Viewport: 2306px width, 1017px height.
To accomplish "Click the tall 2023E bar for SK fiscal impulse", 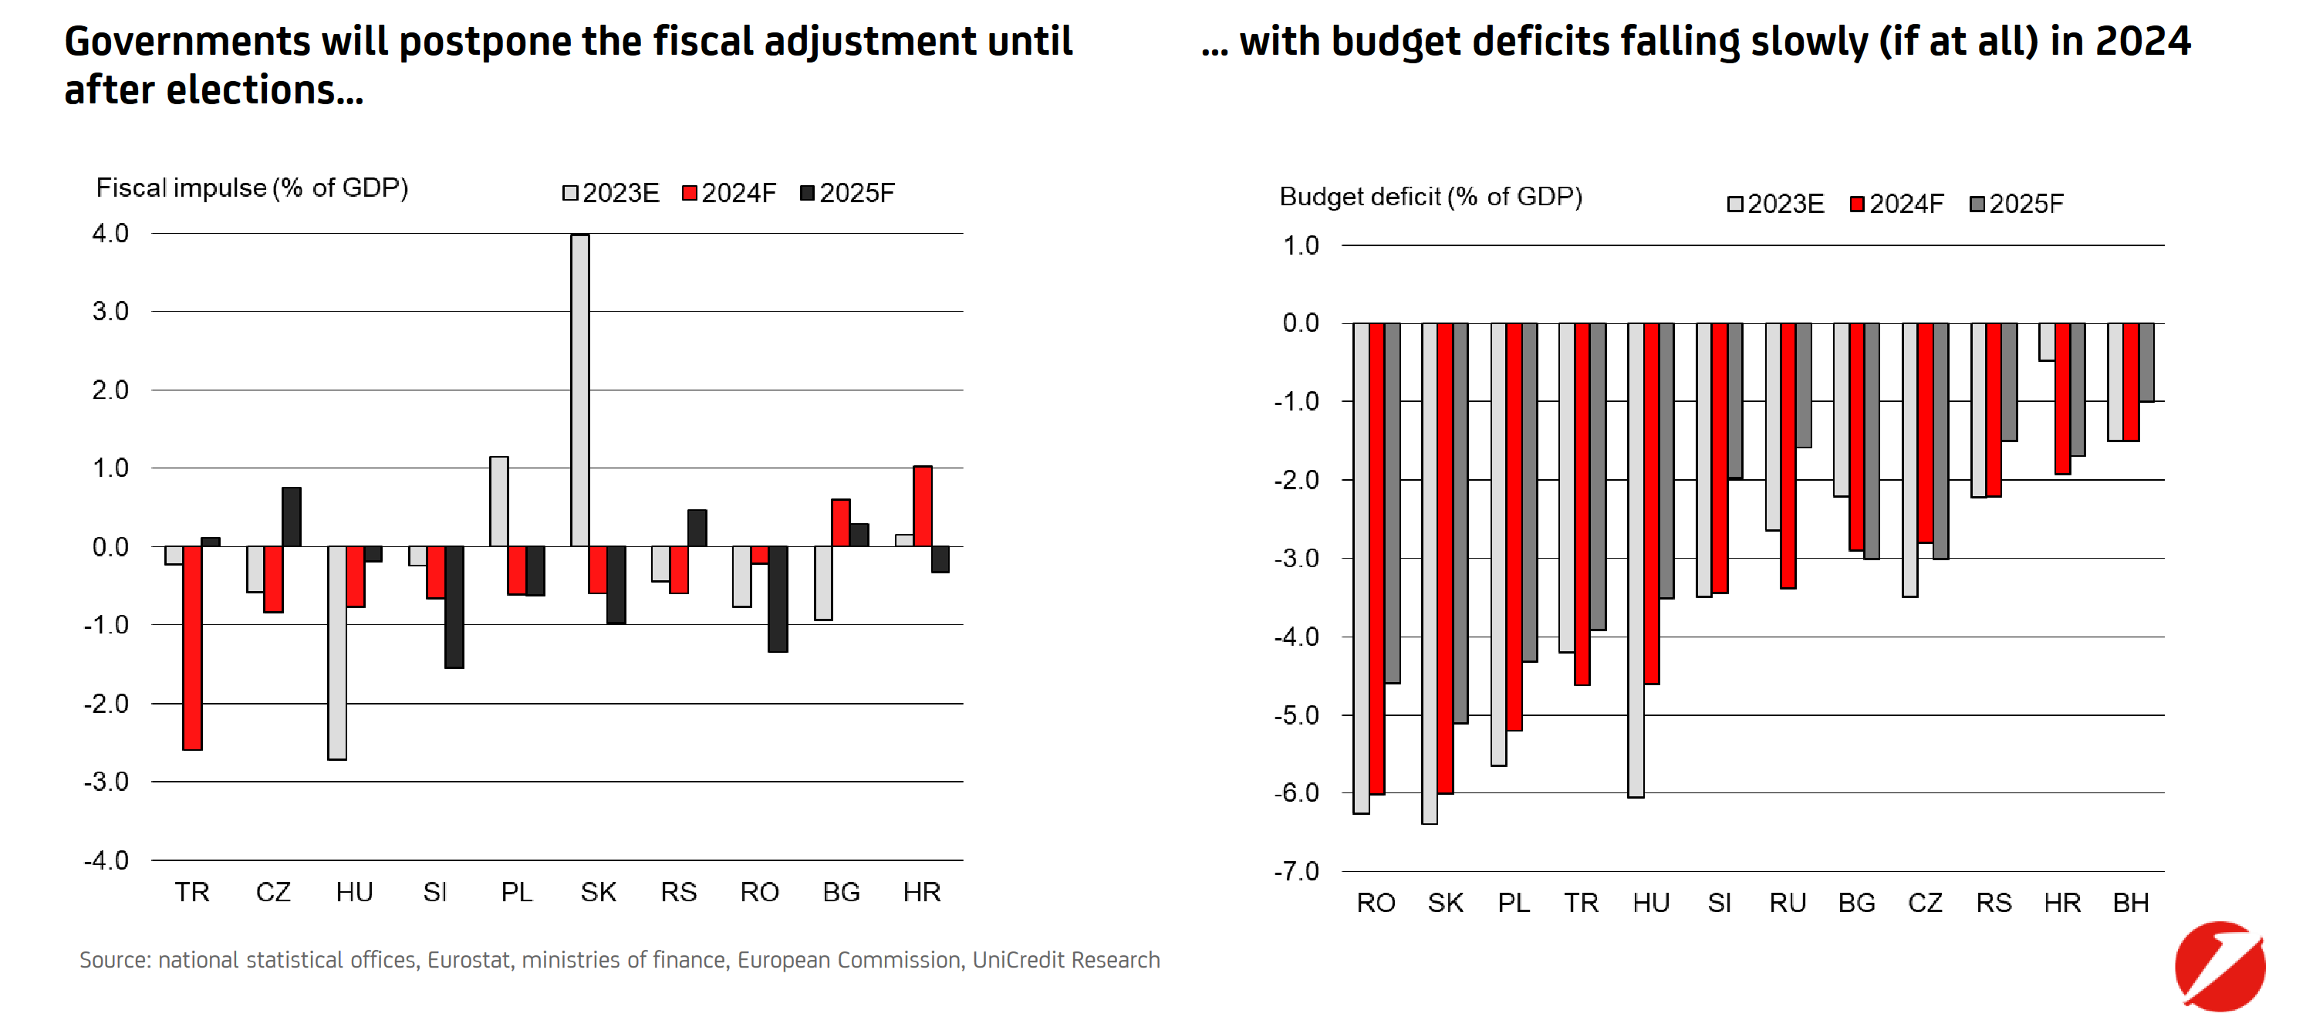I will [x=579, y=390].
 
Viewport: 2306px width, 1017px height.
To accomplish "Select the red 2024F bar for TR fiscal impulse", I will [x=192, y=647].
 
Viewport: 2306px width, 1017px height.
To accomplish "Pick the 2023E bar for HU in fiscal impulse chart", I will [x=337, y=652].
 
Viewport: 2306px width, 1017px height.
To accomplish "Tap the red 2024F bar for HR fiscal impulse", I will [x=922, y=506].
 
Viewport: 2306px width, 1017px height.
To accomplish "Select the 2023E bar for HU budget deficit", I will [x=1636, y=559].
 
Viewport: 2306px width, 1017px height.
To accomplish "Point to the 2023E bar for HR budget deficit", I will [x=2047, y=342].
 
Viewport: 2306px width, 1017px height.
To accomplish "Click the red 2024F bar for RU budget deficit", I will [x=1788, y=454].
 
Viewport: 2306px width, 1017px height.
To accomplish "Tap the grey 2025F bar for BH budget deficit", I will [x=2146, y=362].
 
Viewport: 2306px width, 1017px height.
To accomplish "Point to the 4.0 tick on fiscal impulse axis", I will [x=110, y=234].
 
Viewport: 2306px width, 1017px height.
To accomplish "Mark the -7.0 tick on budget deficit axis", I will [x=1296, y=871].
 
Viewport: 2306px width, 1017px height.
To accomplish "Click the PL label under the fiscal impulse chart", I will [x=517, y=892].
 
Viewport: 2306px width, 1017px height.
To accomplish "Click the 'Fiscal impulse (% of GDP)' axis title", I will [x=252, y=188].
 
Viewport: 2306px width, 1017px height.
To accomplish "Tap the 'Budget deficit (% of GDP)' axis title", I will [x=1430, y=197].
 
